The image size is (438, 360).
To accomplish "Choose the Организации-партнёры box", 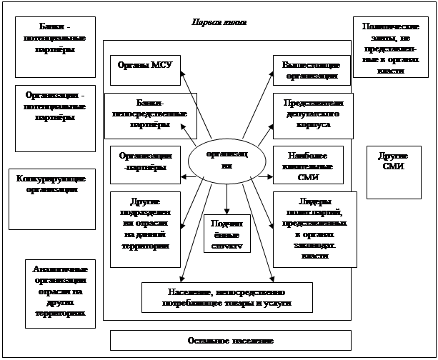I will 146,162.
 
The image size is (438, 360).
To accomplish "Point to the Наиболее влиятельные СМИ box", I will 308,165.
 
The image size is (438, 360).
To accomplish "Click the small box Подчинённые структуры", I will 227,234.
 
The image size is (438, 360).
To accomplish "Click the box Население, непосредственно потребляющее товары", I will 227,298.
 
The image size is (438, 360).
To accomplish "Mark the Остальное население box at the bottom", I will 230,340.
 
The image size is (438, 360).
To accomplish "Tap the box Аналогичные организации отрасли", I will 60,293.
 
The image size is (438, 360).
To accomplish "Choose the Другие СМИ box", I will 393,172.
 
